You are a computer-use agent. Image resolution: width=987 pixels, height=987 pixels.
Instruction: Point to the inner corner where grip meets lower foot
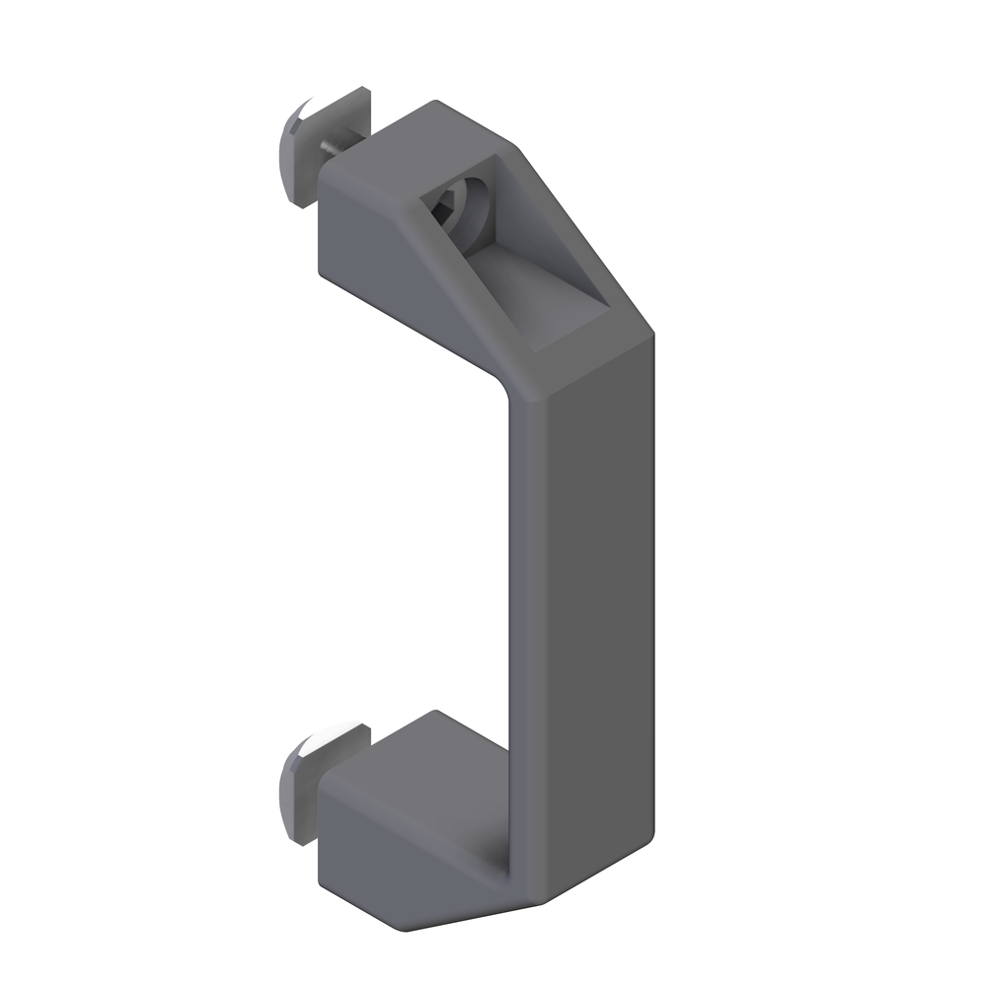(x=508, y=859)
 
